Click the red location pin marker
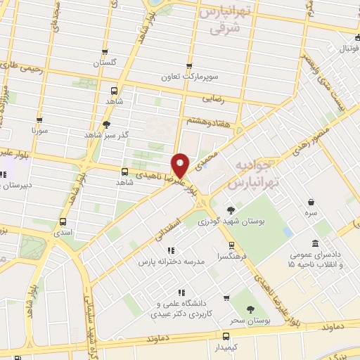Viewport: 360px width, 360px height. [181, 165]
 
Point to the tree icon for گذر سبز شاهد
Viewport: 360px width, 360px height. [106, 124]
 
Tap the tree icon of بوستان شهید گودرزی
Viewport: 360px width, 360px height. [231, 210]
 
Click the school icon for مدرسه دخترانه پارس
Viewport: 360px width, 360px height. [170, 250]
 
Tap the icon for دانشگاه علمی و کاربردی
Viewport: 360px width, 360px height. [181, 292]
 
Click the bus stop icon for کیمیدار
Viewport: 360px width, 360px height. [226, 336]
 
